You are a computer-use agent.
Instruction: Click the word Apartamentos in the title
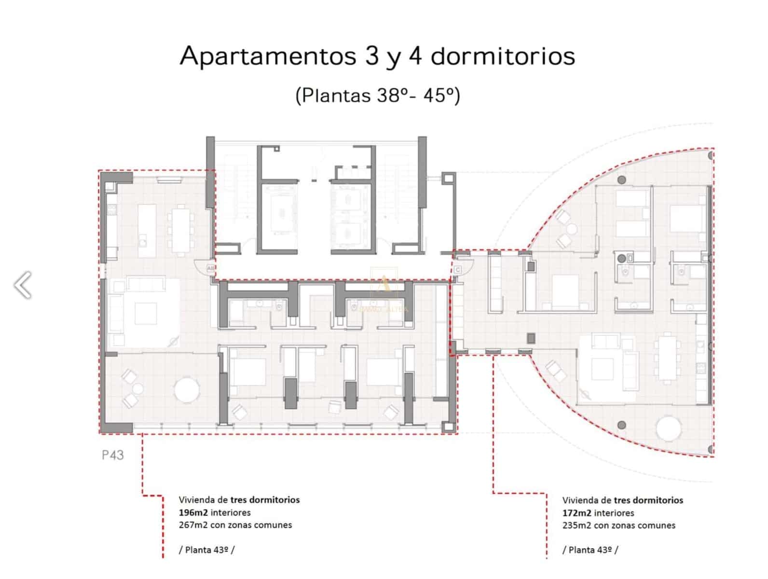pos(268,56)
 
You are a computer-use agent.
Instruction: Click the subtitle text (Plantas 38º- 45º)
pos(377,95)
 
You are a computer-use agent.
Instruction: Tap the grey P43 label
pos(112,455)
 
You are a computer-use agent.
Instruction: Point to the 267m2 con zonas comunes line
pos(235,525)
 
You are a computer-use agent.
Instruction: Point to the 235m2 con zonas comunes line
pos(618,525)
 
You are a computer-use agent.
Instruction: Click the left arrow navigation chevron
pos(23,285)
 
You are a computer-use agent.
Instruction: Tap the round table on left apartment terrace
pos(187,390)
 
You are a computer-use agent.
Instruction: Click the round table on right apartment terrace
pos(668,428)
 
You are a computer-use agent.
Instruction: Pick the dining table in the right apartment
pos(668,357)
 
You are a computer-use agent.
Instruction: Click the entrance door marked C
pos(458,269)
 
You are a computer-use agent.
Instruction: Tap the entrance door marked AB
pos(210,268)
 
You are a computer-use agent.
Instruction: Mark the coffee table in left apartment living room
pos(145,314)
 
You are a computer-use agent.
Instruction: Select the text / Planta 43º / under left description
pos(206,550)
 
